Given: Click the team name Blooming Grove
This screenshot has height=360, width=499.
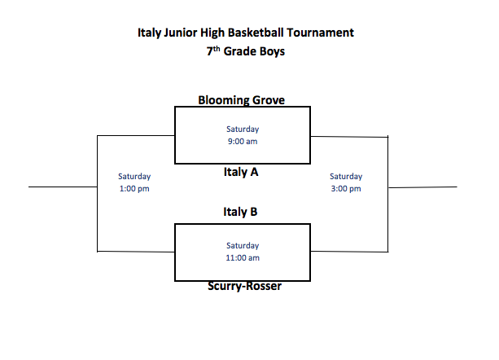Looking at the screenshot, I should tap(242, 100).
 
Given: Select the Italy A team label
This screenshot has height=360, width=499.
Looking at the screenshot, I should tap(242, 173).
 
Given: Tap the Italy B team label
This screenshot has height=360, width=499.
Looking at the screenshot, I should tap(241, 212).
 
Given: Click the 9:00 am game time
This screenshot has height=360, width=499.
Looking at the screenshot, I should tap(243, 141).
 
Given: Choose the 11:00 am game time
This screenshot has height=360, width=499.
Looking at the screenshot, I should tap(243, 258).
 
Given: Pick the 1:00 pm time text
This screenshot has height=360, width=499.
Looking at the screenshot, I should tap(134, 189).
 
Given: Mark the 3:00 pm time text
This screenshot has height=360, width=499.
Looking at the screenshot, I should tap(346, 189).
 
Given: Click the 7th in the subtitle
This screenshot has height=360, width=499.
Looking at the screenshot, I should tap(214, 51).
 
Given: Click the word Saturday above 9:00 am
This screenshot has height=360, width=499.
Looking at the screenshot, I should tap(243, 129).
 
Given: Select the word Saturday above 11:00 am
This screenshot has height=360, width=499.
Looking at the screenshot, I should tap(243, 246).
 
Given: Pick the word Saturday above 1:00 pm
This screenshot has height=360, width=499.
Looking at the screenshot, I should tap(134, 177).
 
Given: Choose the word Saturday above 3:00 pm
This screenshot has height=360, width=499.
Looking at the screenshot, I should tap(346, 177).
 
